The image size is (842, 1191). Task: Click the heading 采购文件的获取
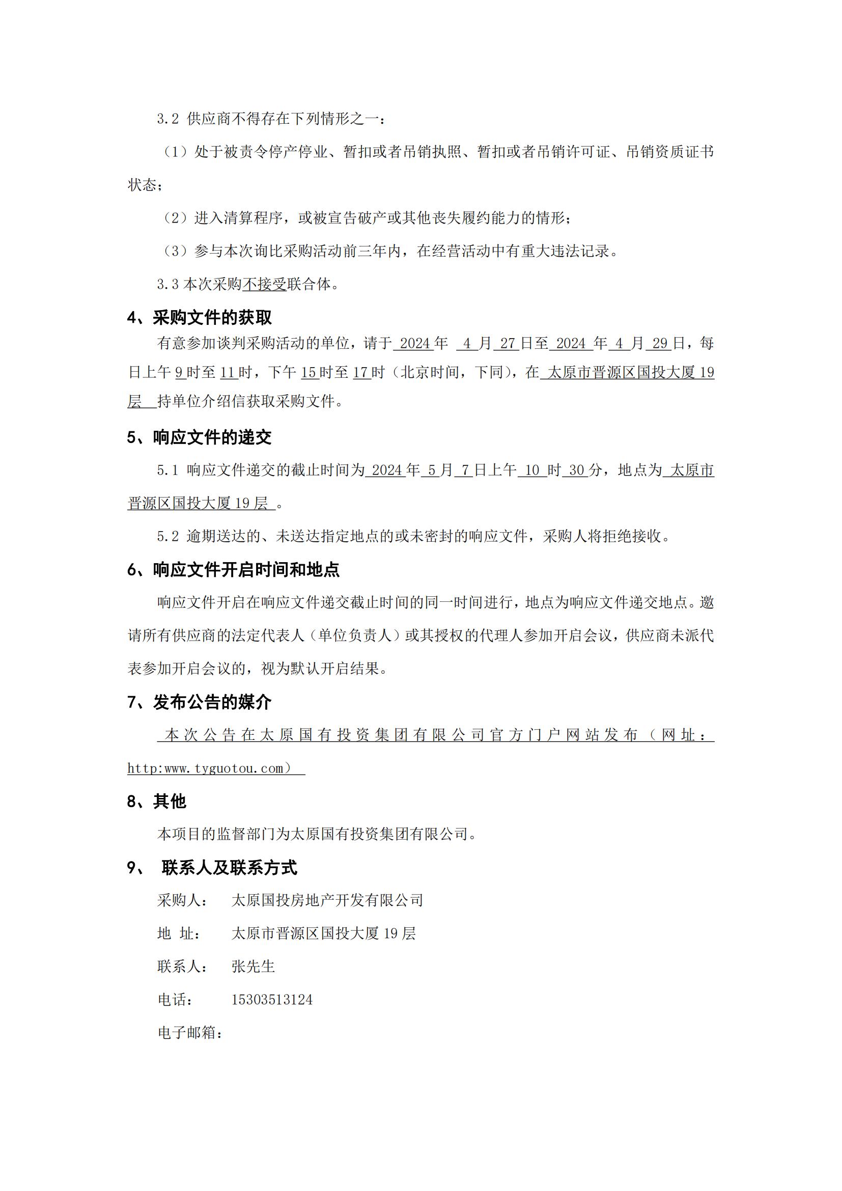point(212,317)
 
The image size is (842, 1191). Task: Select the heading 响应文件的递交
point(212,437)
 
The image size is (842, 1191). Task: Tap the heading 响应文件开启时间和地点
point(246,570)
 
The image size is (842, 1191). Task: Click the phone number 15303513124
point(272,1000)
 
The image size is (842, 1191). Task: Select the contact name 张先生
point(253,966)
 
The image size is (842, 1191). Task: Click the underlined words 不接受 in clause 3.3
point(264,284)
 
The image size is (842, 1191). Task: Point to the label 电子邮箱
point(190,1032)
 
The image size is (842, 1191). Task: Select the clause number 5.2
point(168,536)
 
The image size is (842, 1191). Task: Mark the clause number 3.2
point(168,119)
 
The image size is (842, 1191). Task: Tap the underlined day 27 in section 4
point(507,343)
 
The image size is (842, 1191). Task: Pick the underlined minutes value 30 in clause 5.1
point(577,470)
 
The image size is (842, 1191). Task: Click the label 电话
point(175,1000)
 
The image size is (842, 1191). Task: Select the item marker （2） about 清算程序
point(175,218)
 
